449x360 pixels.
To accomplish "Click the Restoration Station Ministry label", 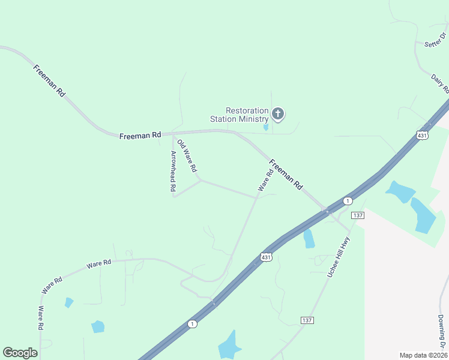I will click(x=239, y=115).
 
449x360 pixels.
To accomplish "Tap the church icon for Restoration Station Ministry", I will click(x=278, y=113).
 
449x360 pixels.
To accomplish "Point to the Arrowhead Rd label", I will click(x=173, y=171).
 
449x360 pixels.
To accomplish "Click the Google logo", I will click(x=20, y=353).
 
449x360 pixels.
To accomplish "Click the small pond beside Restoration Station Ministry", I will click(x=266, y=127).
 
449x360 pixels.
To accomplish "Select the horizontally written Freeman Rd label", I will click(x=140, y=136).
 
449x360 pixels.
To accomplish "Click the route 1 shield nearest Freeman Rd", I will click(x=347, y=200).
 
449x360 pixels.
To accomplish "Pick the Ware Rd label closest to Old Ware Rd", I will click(x=265, y=180).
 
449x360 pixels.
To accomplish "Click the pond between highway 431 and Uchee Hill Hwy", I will click(x=309, y=238).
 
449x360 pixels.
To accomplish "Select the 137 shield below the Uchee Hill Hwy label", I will click(x=307, y=320).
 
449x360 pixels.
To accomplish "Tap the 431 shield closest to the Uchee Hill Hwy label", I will click(x=267, y=257).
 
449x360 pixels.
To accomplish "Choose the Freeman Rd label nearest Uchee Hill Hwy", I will click(x=286, y=175).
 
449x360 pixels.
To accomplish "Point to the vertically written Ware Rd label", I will click(x=41, y=318).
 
